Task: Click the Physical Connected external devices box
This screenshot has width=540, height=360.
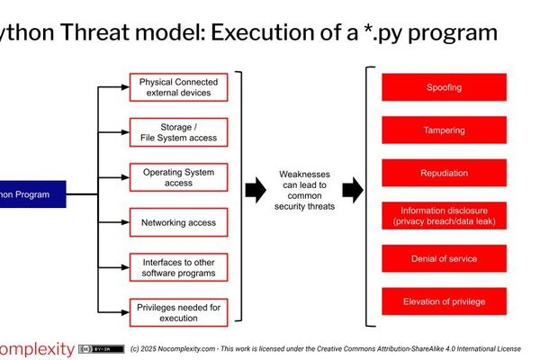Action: click(x=178, y=87)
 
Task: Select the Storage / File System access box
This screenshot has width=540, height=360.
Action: click(x=178, y=132)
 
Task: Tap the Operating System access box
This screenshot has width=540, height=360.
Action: click(x=178, y=177)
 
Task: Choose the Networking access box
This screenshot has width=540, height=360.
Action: click(x=178, y=222)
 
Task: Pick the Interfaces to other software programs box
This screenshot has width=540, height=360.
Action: click(x=178, y=266)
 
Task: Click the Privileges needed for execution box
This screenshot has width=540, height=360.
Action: click(x=178, y=311)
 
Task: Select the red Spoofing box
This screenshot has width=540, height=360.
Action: click(x=444, y=87)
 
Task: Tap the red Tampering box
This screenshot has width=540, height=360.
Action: click(x=444, y=130)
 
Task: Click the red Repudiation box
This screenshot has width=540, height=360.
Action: click(x=444, y=173)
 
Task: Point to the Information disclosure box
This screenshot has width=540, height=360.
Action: click(x=444, y=216)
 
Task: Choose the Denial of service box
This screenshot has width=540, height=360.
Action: click(x=444, y=258)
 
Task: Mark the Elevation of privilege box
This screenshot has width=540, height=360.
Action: click(x=444, y=301)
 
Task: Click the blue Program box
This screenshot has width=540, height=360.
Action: click(x=32, y=193)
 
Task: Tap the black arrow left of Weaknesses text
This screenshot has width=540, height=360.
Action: click(x=256, y=190)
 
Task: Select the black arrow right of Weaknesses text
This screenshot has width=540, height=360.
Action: click(x=353, y=190)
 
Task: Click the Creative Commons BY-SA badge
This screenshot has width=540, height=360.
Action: click(x=101, y=348)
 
